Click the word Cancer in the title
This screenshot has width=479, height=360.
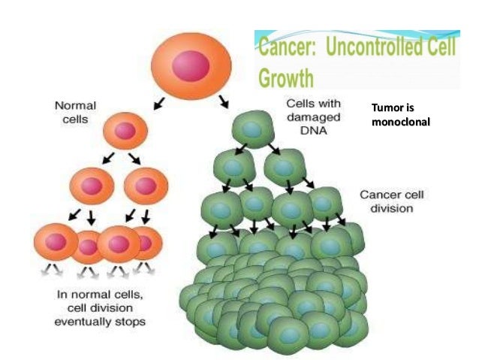pos(285,50)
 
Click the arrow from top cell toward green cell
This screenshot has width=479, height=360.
pos(222,101)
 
